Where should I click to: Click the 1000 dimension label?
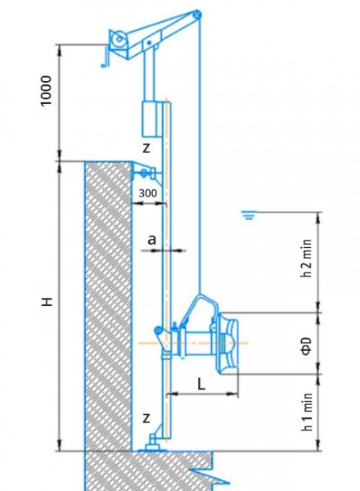tap(46, 91)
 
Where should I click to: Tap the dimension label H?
tap(47, 302)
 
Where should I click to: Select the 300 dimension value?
tap(148, 193)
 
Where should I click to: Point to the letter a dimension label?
tap(151, 240)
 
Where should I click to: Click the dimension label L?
tap(201, 384)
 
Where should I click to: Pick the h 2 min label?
tap(307, 258)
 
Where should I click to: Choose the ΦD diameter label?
tap(307, 346)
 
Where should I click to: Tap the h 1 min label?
tap(307, 412)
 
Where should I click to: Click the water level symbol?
tap(250, 215)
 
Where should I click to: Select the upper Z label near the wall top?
tap(146, 148)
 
